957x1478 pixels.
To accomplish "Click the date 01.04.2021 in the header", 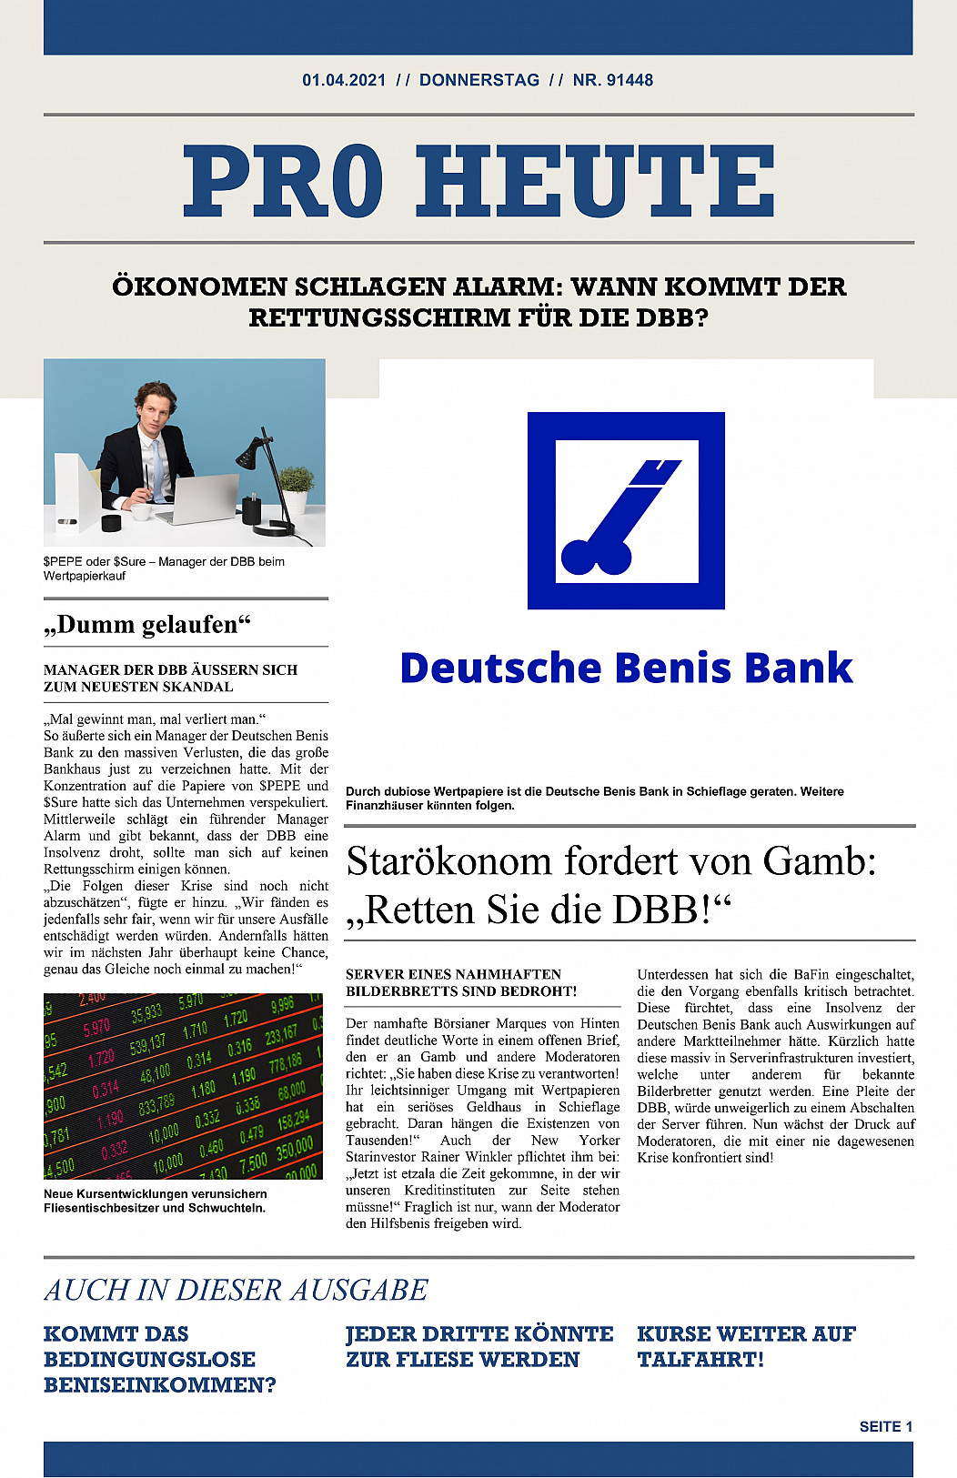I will point(344,80).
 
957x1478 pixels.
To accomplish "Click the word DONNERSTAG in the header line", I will point(479,80).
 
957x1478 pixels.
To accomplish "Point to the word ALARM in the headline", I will point(509,287).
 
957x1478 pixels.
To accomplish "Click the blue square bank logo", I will point(626,510).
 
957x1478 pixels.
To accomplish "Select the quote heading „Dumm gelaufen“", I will point(147,624).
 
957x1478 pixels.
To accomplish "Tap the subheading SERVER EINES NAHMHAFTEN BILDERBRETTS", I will point(461,982).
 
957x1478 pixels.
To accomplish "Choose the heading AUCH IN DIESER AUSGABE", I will point(236,1290).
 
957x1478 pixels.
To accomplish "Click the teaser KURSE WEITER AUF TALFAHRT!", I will point(746,1346).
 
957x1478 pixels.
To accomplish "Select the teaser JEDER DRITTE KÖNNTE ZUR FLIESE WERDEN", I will point(479,1346).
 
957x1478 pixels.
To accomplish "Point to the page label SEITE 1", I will point(885,1426).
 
